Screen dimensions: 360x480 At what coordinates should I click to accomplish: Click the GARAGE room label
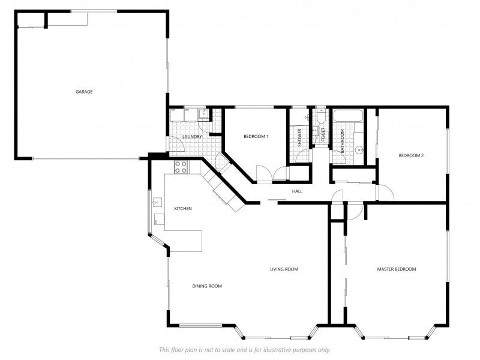point(84,92)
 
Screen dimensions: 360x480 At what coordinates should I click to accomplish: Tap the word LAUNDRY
point(192,137)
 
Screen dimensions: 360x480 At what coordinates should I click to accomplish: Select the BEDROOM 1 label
point(256,137)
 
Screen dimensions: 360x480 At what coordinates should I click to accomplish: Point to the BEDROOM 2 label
point(412,156)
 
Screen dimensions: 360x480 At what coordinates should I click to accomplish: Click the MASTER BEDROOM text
point(396,269)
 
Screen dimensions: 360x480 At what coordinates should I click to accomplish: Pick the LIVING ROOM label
point(284,269)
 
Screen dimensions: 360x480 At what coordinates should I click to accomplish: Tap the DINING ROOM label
point(207,286)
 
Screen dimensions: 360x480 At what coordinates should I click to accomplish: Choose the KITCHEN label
point(182,209)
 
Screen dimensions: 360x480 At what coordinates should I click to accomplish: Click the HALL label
point(297,191)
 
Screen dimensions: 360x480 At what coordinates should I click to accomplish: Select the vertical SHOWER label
point(300,138)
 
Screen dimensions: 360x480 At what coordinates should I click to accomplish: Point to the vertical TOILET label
point(322,135)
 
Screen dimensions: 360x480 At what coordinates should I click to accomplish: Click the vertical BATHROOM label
point(343,141)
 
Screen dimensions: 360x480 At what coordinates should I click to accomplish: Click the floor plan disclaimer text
point(244,350)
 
